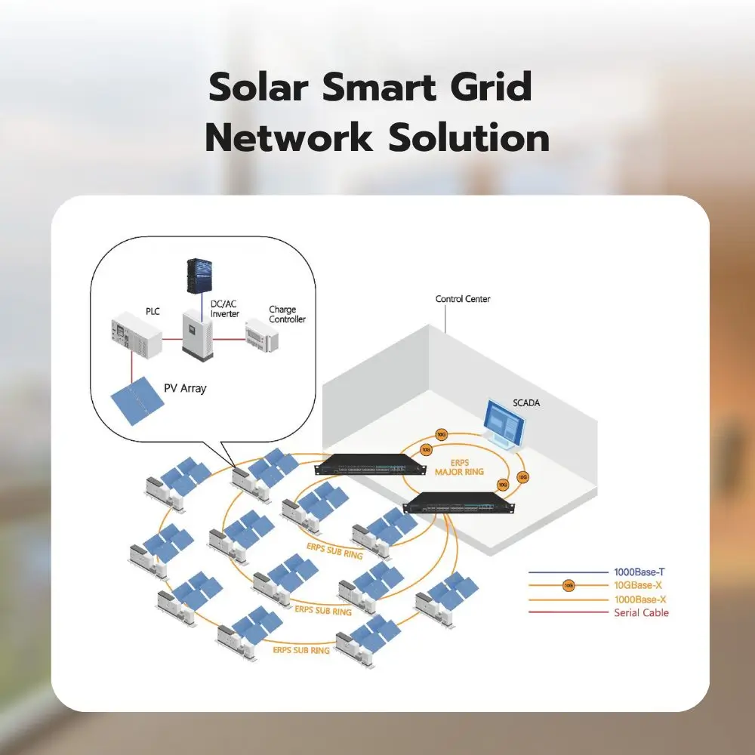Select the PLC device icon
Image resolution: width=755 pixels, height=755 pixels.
click(135, 337)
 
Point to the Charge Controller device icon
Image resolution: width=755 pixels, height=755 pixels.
click(261, 334)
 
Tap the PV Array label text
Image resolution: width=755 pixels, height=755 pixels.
click(185, 389)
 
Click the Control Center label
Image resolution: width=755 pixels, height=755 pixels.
click(463, 299)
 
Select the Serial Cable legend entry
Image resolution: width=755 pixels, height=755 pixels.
click(641, 612)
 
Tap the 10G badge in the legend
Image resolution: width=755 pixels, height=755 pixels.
click(569, 585)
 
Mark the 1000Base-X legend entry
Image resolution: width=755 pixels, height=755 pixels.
click(641, 599)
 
